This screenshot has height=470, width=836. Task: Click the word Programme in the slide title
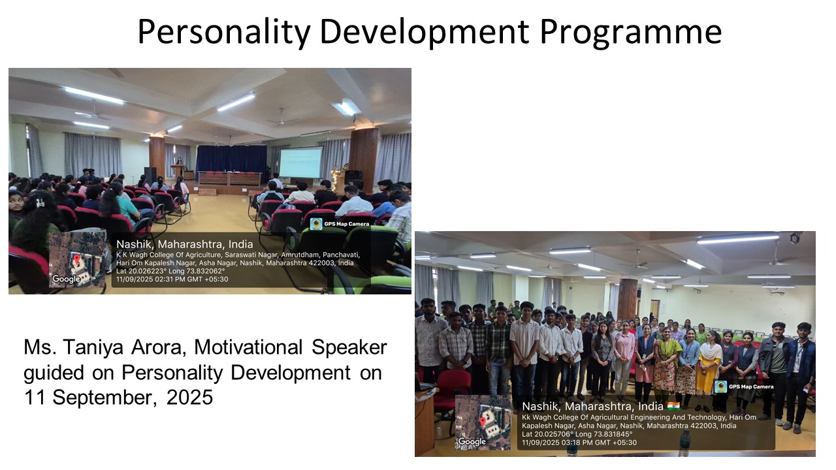[x=631, y=32]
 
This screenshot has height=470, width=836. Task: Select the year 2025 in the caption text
[x=189, y=398]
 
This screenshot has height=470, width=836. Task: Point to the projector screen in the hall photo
[x=301, y=163]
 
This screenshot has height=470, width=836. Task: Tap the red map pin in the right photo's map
[x=483, y=422]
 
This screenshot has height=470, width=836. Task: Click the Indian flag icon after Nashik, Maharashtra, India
[x=673, y=406]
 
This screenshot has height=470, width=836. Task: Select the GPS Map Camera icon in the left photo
[x=316, y=224]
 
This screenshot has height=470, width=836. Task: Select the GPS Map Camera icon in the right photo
[x=720, y=386]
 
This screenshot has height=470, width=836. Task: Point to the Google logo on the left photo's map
[x=66, y=279]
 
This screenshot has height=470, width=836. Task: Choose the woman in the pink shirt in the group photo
[x=624, y=358]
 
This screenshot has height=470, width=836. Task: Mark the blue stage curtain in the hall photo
[x=232, y=163]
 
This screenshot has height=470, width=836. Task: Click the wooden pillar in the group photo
[x=628, y=299]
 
